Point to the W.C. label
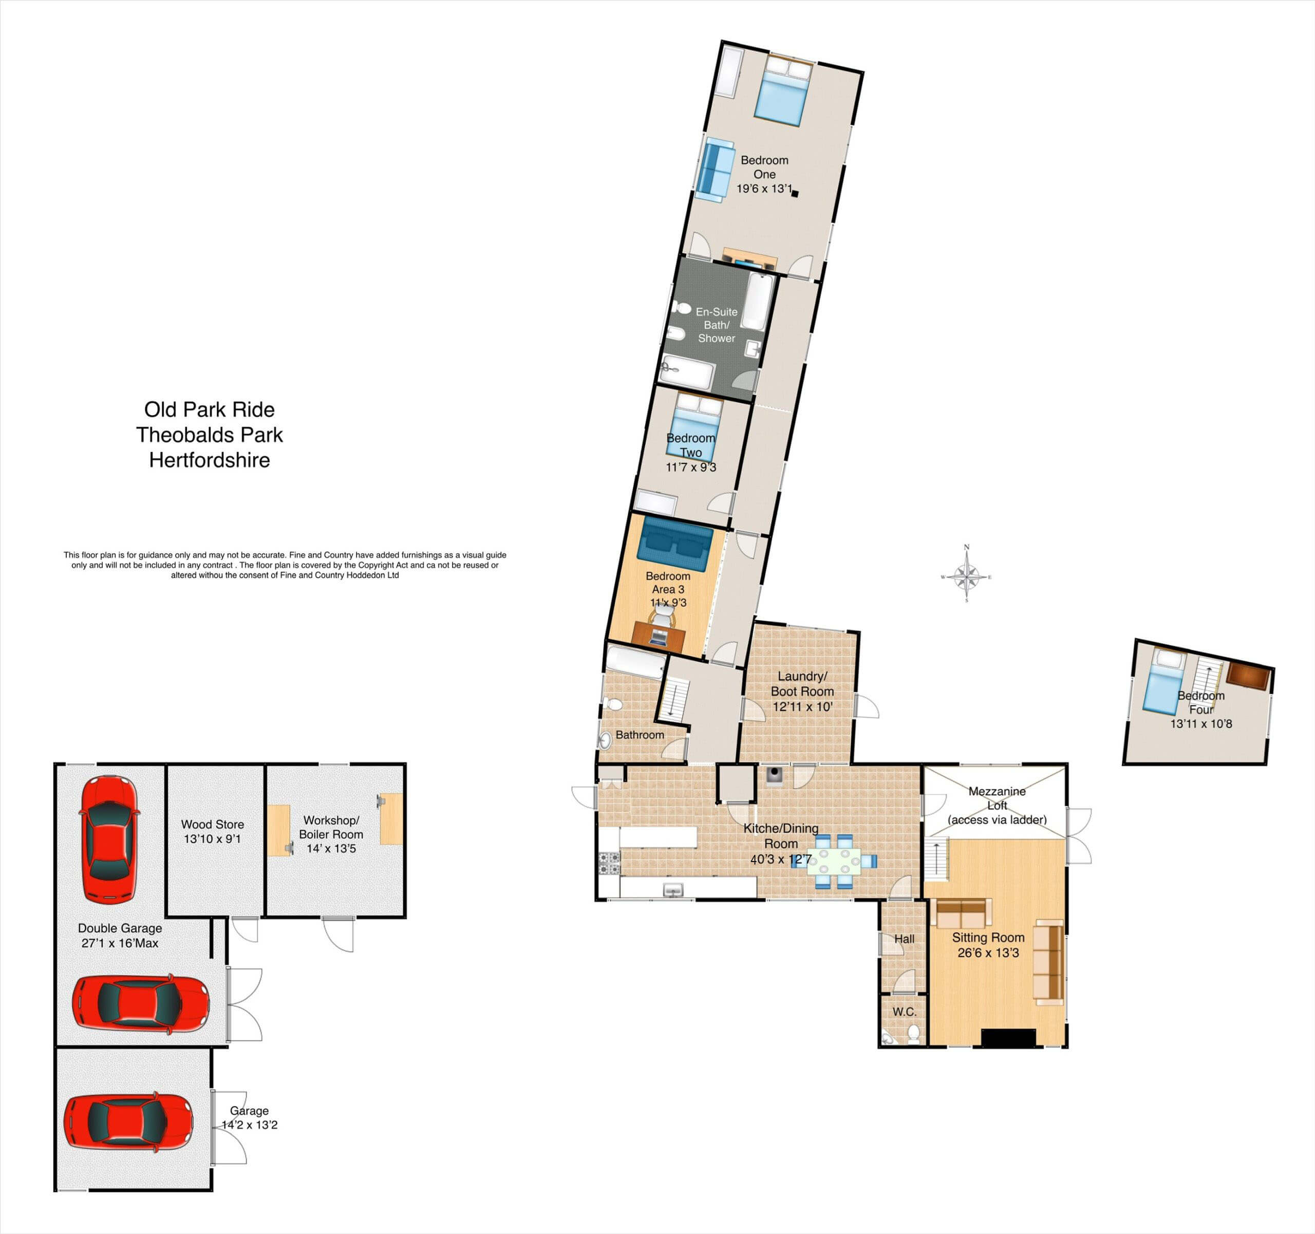[904, 1012]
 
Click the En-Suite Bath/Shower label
[717, 325]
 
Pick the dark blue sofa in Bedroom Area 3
[674, 543]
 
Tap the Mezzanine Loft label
[997, 798]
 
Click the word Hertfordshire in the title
[210, 460]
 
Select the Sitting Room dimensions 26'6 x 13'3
[988, 953]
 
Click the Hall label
[904, 939]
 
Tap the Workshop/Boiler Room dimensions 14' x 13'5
[331, 848]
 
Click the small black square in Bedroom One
[795, 194]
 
